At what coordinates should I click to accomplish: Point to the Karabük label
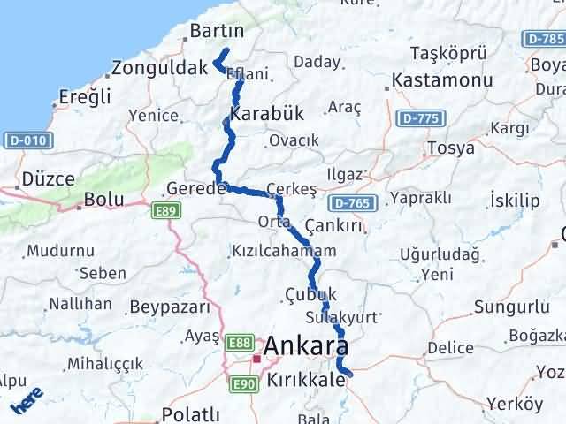click(266, 115)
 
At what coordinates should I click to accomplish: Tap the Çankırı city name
click(333, 226)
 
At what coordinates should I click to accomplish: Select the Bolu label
click(103, 201)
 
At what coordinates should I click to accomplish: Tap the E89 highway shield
click(164, 208)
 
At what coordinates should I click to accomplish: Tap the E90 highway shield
click(244, 384)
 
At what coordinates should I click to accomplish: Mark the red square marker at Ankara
click(256, 359)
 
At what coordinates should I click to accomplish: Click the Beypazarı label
click(170, 307)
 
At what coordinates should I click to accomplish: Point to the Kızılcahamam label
click(284, 251)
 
